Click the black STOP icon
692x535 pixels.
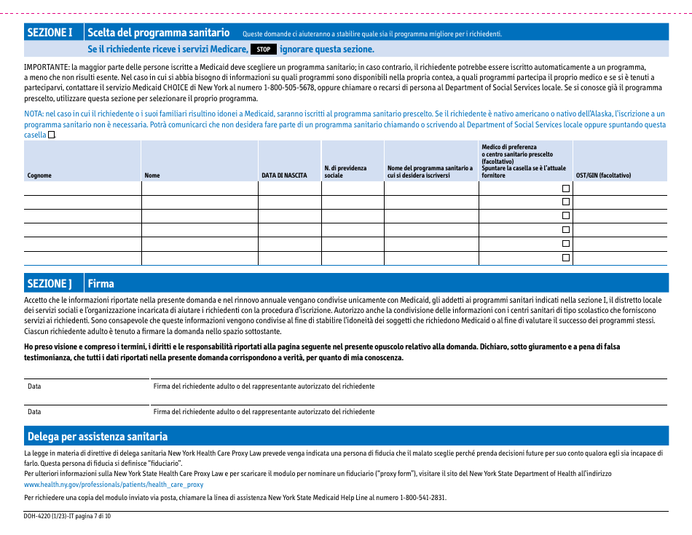tap(264, 49)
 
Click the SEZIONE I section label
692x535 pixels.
tap(50, 33)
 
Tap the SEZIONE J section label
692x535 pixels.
tap(50, 283)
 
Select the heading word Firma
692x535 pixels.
tap(101, 283)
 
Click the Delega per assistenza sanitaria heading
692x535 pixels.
tap(98, 436)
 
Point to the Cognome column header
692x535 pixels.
tap(39, 175)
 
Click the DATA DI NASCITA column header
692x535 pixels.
tap(284, 175)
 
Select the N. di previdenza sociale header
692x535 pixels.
tap(345, 172)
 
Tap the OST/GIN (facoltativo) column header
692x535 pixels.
tap(603, 175)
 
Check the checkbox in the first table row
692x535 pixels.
tap(565, 189)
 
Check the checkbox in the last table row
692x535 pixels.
tap(565, 258)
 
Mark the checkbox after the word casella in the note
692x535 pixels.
tap(52, 135)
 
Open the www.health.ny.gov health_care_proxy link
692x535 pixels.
tap(114, 484)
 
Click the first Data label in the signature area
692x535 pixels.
tap(34, 387)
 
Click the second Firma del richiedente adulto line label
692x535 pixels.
tap(264, 412)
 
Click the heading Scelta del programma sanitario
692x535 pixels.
tap(159, 33)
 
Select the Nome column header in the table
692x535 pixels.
tap(152, 175)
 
